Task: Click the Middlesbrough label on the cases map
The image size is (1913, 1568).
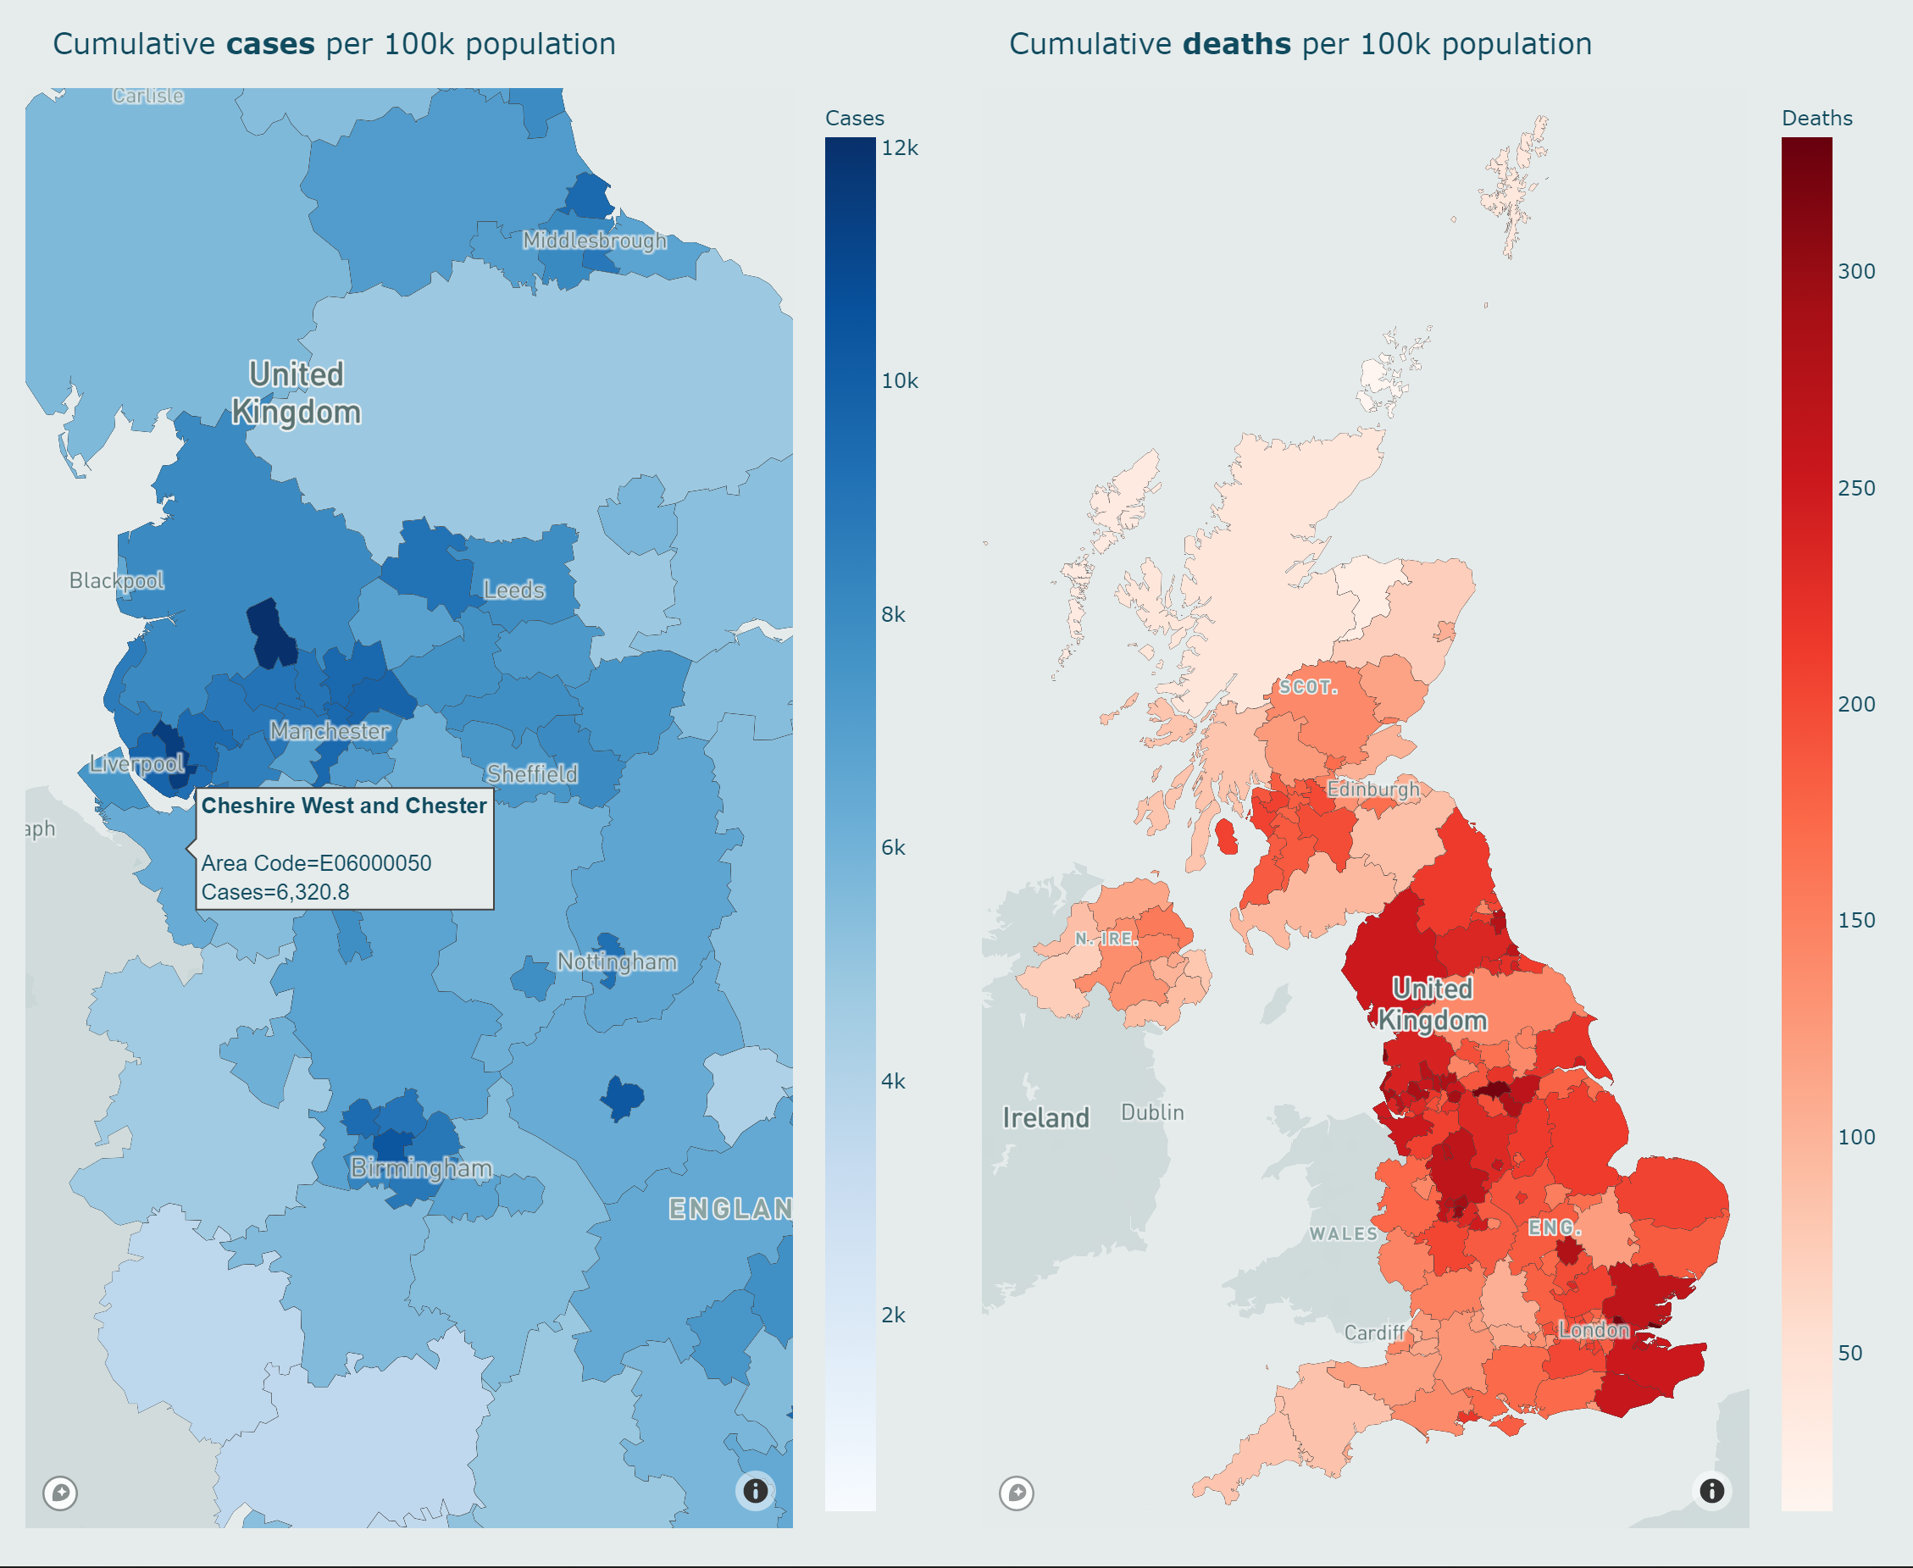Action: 594,241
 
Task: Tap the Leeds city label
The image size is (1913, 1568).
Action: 514,590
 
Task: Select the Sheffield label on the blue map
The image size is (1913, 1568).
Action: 532,774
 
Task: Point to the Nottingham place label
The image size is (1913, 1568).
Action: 617,962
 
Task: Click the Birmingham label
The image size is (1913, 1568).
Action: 421,1168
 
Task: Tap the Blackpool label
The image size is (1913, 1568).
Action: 117,580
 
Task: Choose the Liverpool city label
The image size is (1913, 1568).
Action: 137,764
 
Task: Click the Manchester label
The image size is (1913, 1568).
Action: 330,731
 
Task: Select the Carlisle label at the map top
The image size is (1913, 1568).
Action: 148,96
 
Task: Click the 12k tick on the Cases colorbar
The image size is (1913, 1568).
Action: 900,148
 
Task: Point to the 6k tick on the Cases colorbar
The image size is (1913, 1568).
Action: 893,847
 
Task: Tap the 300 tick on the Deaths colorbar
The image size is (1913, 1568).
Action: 1856,271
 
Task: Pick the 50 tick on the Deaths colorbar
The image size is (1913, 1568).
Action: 1849,1352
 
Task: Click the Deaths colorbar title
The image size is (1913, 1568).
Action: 1816,119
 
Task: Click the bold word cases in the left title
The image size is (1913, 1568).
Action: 270,44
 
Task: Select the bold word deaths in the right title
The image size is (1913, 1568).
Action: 1236,44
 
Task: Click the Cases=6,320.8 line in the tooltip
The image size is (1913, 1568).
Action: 275,891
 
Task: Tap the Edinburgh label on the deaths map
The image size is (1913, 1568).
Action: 1372,789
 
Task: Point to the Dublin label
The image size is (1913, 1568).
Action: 1151,1112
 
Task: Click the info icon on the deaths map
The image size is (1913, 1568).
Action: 1711,1490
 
